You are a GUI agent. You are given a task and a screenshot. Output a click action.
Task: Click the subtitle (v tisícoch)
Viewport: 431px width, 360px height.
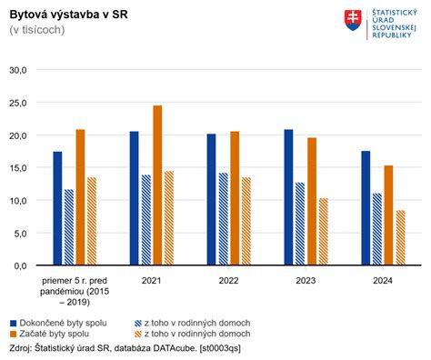click(x=36, y=30)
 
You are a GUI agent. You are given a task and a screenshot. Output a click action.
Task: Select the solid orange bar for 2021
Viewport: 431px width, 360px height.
click(x=157, y=185)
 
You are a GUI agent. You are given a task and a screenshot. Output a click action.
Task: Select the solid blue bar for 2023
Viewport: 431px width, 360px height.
click(x=289, y=197)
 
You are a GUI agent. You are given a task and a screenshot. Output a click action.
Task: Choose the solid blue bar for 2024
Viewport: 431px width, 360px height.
click(x=366, y=208)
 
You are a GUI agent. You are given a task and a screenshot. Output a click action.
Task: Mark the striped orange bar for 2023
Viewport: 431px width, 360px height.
click(x=324, y=232)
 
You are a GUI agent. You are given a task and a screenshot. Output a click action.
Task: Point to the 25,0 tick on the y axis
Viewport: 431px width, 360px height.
click(x=19, y=103)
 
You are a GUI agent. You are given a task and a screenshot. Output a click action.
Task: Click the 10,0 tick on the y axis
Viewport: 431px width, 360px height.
click(x=19, y=200)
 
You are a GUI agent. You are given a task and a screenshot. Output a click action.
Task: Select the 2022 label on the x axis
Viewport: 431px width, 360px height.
click(x=229, y=282)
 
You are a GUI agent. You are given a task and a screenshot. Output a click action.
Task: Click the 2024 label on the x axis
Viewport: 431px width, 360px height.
click(x=384, y=282)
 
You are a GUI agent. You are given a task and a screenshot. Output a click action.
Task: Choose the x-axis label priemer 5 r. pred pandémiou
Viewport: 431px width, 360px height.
click(x=75, y=288)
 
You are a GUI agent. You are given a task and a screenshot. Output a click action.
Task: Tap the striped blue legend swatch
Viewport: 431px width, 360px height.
click(x=139, y=323)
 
